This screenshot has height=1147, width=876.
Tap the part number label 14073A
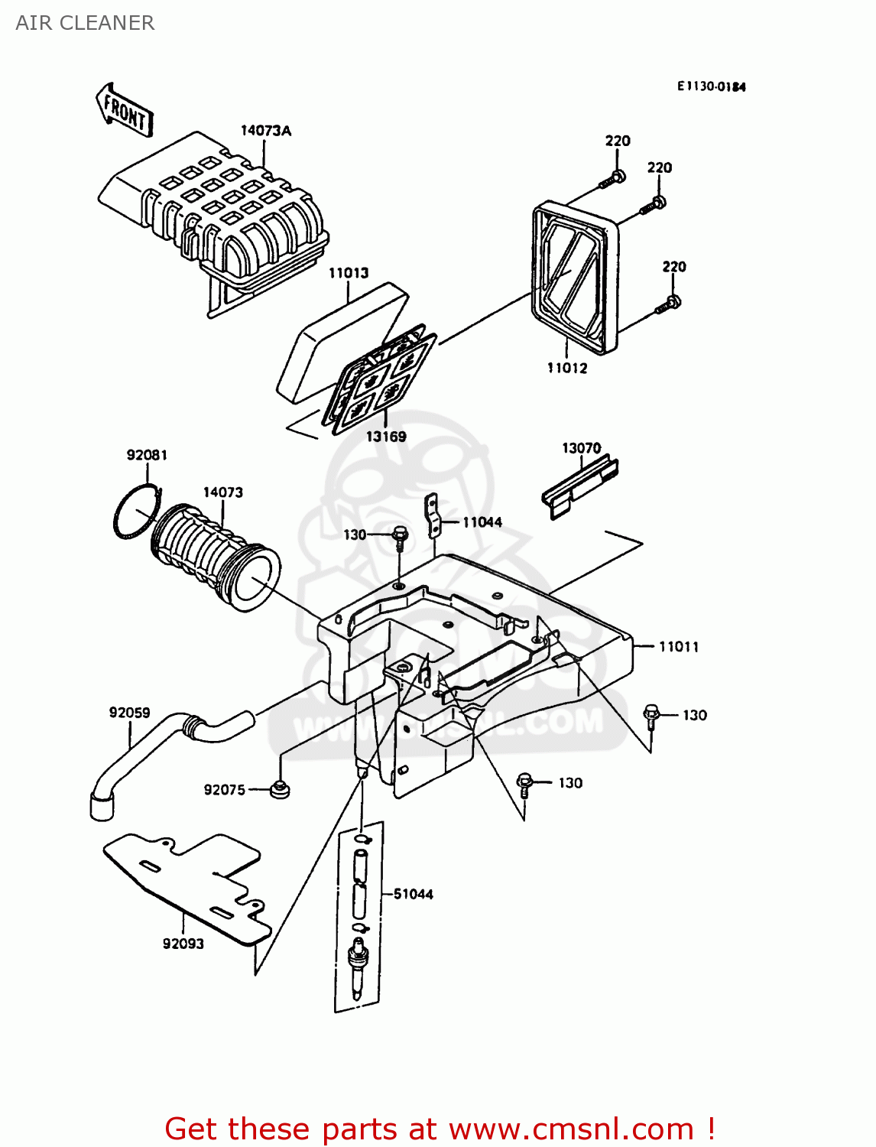pyautogui.click(x=265, y=131)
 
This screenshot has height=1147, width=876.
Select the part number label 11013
pyautogui.click(x=349, y=273)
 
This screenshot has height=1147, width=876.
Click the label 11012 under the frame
pyautogui.click(x=567, y=368)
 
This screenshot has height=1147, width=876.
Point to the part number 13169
pyautogui.click(x=386, y=437)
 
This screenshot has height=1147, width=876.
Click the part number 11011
pyautogui.click(x=679, y=647)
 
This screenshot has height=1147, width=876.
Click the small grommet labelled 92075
pyautogui.click(x=281, y=789)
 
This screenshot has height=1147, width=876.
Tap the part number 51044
pyautogui.click(x=413, y=894)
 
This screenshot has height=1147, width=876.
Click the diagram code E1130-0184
pyautogui.click(x=711, y=86)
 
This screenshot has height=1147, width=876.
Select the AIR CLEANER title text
pyautogui.click(x=85, y=23)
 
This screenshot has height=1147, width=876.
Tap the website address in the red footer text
pyautogui.click(x=571, y=1129)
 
